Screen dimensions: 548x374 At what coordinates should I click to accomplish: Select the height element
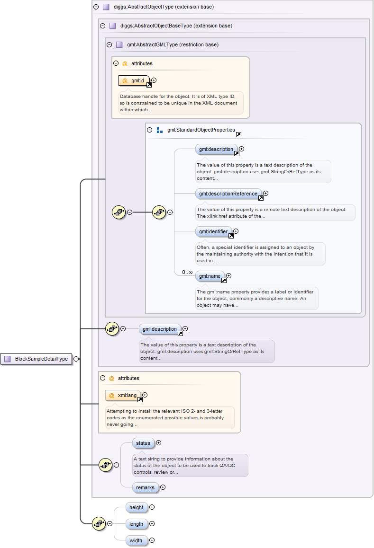point(136,508)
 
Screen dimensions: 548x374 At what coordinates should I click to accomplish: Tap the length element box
point(136,524)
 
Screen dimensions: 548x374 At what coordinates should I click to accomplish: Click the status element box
point(143,443)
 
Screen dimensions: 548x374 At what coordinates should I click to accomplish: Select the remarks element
point(145,487)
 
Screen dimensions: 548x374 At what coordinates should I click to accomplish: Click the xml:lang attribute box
point(124,395)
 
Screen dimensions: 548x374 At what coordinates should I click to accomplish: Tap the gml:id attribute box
point(134,81)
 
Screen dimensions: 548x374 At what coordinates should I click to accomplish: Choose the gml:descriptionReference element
point(228,194)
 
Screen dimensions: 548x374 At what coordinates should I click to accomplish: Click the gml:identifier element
point(213,232)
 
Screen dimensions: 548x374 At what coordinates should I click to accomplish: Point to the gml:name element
point(210,276)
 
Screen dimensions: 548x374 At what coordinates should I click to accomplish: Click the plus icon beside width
point(152,540)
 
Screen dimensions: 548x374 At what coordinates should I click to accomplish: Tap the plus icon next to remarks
point(163,487)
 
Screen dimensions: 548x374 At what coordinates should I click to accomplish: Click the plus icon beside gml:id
point(154,80)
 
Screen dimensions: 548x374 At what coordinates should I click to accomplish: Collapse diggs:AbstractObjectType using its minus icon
point(96,7)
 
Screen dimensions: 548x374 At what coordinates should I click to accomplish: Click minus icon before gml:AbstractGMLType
point(109,45)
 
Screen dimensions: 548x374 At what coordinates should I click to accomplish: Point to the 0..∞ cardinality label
point(187,272)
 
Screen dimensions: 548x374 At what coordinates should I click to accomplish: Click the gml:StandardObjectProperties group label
point(201,130)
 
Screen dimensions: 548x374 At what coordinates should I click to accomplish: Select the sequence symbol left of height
point(99,524)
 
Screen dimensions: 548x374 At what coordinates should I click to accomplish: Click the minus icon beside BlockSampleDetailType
point(76,359)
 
